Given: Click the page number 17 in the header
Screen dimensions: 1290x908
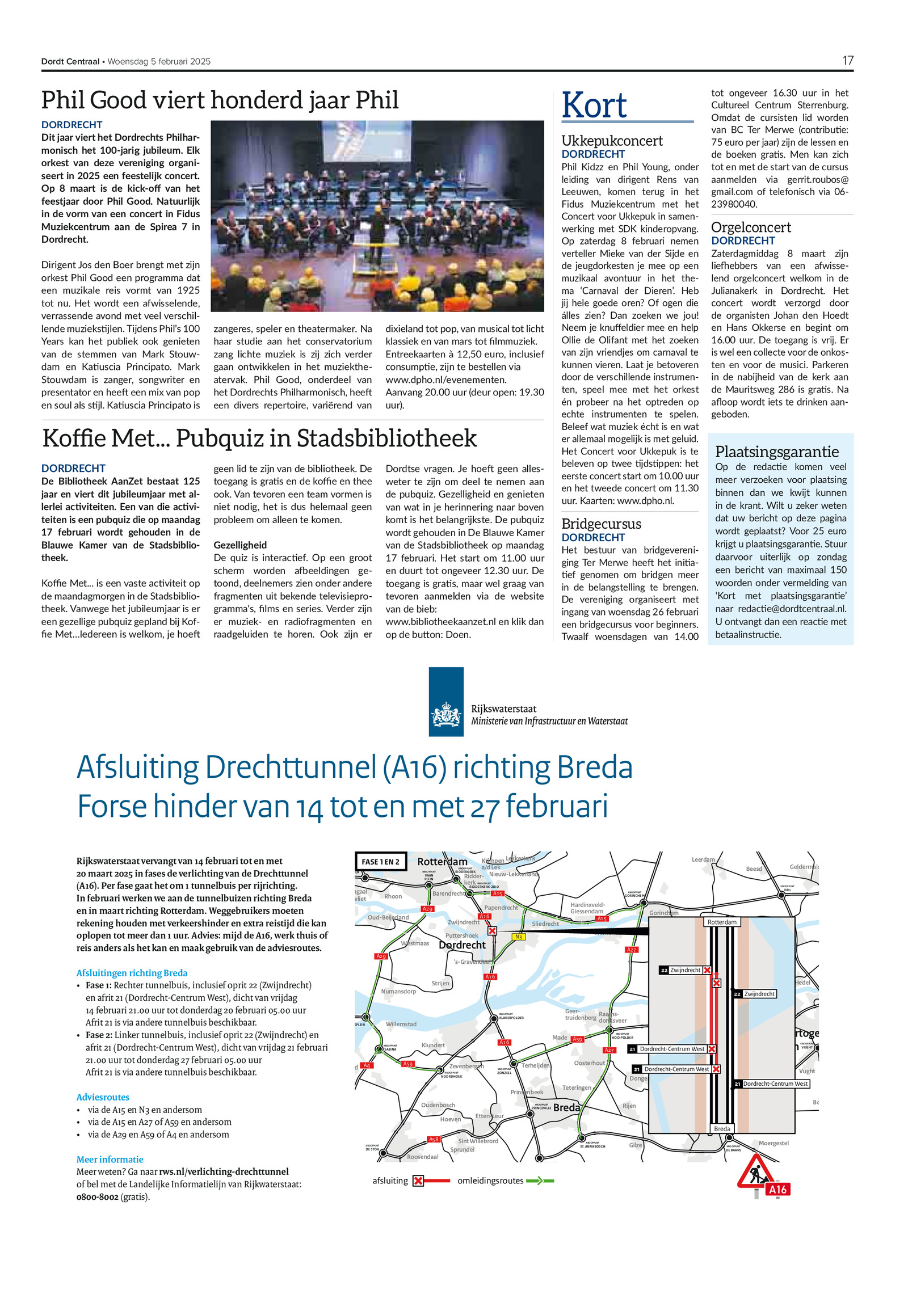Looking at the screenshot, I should pyautogui.click(x=847, y=61).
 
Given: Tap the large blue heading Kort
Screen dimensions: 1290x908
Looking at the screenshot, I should pyautogui.click(x=594, y=106).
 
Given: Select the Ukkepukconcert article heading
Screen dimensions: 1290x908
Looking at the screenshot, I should pyautogui.click(x=612, y=141).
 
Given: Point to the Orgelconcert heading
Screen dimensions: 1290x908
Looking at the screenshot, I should pyautogui.click(x=750, y=227).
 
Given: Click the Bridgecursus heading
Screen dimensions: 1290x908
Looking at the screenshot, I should pyautogui.click(x=601, y=524).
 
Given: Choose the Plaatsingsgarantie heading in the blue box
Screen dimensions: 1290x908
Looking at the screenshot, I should pyautogui.click(x=776, y=452).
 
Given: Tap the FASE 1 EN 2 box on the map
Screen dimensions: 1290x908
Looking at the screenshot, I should pyautogui.click(x=380, y=862).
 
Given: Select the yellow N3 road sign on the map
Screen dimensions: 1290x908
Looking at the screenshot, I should pyautogui.click(x=518, y=937).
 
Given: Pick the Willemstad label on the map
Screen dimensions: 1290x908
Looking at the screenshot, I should pyautogui.click(x=401, y=1024).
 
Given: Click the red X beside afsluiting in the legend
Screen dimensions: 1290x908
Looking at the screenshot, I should pyautogui.click(x=418, y=1181).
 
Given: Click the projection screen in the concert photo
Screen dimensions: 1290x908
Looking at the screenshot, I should pyautogui.click(x=366, y=141).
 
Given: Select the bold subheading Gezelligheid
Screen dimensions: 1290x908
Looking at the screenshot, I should pyautogui.click(x=240, y=545).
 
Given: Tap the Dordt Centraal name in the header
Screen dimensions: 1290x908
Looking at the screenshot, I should pyautogui.click(x=70, y=61).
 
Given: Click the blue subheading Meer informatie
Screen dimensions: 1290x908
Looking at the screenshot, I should pyautogui.click(x=110, y=1160).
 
